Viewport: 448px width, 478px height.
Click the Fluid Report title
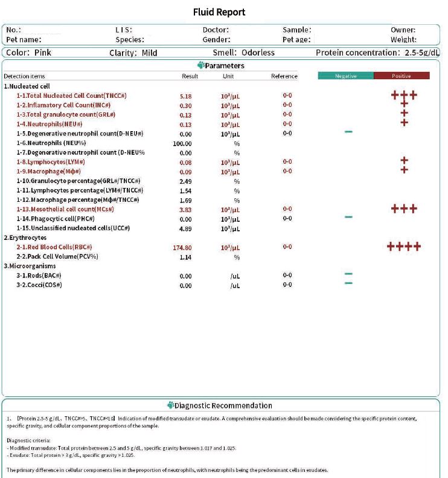tap(219, 12)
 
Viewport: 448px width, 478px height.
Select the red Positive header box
tap(402, 76)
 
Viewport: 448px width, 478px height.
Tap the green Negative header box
tap(346, 76)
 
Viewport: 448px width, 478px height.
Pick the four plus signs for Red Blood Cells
tap(404, 247)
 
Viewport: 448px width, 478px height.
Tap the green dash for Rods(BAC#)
tap(348, 275)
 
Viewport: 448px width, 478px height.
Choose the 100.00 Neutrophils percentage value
tap(182, 143)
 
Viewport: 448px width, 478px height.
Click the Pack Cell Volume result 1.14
tap(185, 257)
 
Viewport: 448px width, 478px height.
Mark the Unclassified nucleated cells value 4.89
tap(185, 228)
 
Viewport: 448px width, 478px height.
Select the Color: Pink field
tap(29, 53)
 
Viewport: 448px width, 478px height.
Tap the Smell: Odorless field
tap(243, 53)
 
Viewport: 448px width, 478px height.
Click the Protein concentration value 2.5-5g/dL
tap(421, 53)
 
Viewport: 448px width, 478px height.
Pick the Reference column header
tap(284, 76)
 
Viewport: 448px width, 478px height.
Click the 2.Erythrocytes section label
tap(25, 237)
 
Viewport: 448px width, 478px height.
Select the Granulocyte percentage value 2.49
tap(185, 181)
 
